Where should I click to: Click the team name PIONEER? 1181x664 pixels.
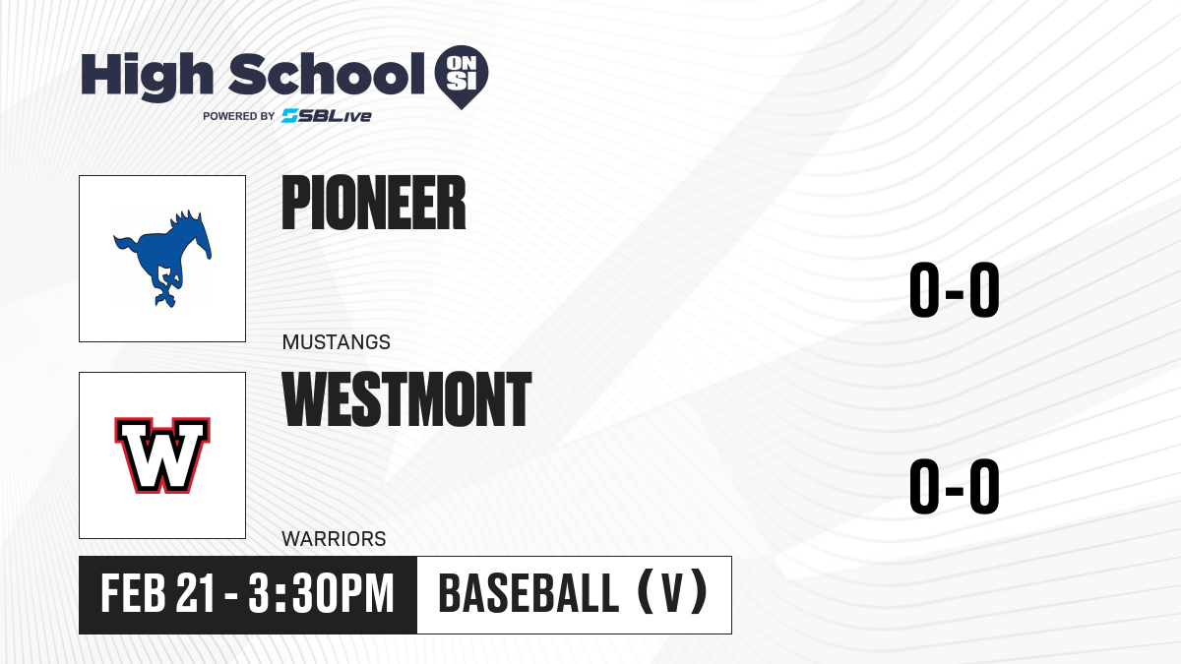pyautogui.click(x=374, y=203)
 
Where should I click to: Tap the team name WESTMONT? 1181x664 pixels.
pyautogui.click(x=406, y=399)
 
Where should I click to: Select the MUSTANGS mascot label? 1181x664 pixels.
pyautogui.click(x=337, y=342)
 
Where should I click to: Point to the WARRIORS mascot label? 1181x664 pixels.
pyautogui.click(x=334, y=539)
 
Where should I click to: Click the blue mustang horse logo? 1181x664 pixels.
pyautogui.click(x=163, y=258)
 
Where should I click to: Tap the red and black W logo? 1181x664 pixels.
pyautogui.click(x=162, y=455)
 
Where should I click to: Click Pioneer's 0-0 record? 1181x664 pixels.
pyautogui.click(x=955, y=290)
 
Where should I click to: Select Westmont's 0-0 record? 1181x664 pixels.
pyautogui.click(x=955, y=486)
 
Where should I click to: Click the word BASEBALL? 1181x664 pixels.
pyautogui.click(x=528, y=594)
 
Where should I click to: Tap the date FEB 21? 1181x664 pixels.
pyautogui.click(x=158, y=594)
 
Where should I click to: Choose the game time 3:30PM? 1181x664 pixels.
pyautogui.click(x=322, y=594)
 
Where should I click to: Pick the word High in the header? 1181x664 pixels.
pyautogui.click(x=147, y=77)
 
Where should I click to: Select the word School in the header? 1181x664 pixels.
pyautogui.click(x=327, y=74)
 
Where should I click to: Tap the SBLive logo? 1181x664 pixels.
pyautogui.click(x=326, y=116)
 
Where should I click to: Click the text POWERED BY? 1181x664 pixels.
pyautogui.click(x=239, y=116)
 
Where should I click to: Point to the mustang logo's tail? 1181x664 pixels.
pyautogui.click(x=126, y=246)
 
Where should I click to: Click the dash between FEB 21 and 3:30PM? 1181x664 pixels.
pyautogui.click(x=231, y=596)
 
